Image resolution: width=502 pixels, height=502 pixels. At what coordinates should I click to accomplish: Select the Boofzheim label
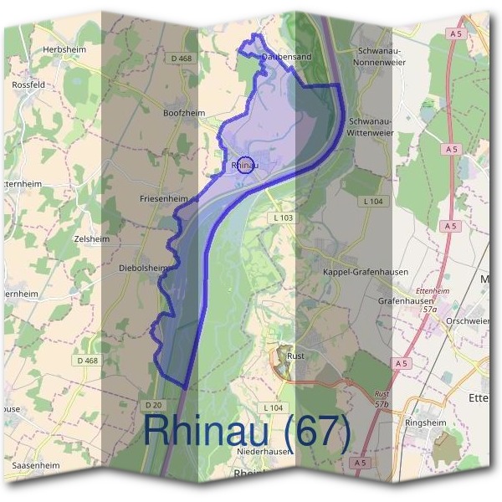point(184,112)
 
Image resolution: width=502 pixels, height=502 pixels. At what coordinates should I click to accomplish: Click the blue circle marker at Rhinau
point(245,164)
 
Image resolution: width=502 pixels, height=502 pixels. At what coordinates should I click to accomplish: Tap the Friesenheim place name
point(164,199)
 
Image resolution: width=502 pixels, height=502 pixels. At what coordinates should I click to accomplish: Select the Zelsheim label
point(92,238)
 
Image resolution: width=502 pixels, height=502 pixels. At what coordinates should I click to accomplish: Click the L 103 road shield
point(284,218)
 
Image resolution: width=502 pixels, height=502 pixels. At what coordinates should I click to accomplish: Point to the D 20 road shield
point(152,405)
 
